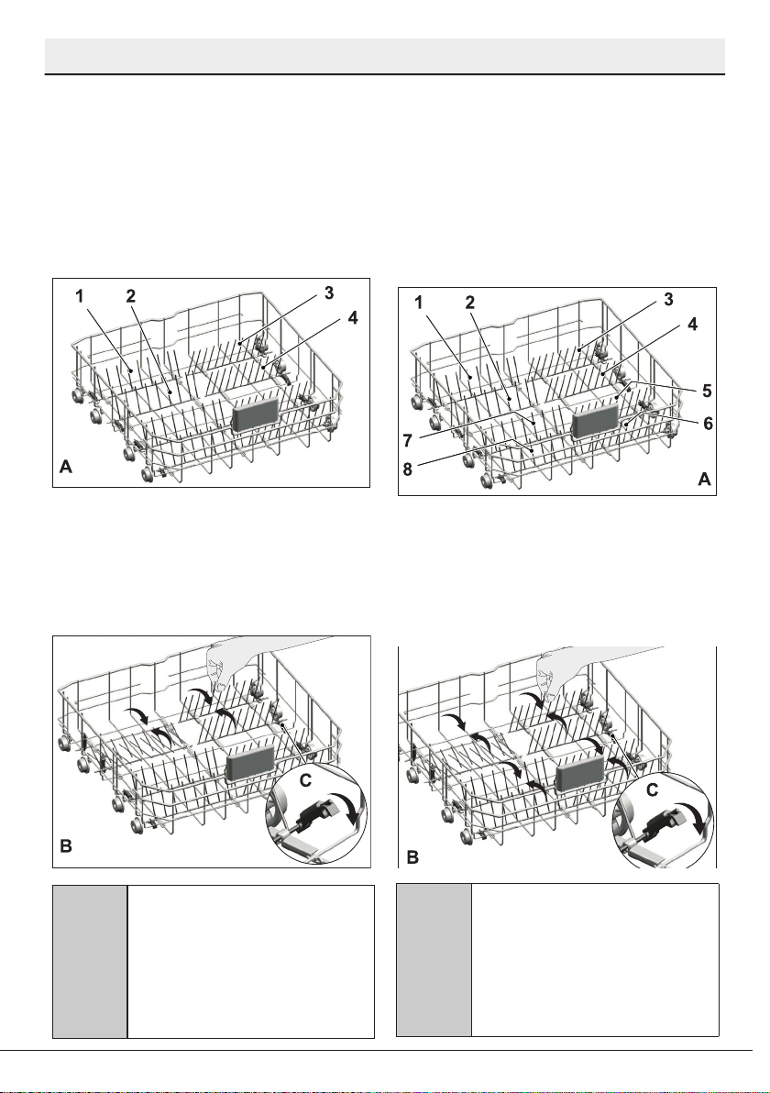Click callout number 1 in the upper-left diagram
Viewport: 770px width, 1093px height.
click(x=80, y=296)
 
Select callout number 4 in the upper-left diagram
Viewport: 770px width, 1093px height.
click(x=353, y=317)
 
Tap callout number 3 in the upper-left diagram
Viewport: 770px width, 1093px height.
click(x=329, y=293)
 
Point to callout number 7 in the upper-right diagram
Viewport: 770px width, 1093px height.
click(x=408, y=440)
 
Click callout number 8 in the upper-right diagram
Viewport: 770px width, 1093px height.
click(x=408, y=469)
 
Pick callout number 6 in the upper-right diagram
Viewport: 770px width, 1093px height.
click(x=708, y=423)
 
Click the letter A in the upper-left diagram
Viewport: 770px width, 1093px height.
click(x=65, y=467)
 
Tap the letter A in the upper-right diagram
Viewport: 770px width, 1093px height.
click(x=705, y=479)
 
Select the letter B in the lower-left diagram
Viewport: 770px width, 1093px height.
click(x=66, y=846)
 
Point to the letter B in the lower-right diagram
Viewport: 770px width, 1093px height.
click(x=412, y=856)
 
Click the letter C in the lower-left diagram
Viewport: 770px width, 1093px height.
click(x=305, y=781)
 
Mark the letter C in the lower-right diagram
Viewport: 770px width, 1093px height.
click(x=653, y=789)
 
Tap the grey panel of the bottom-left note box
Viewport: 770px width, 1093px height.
click(x=90, y=962)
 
